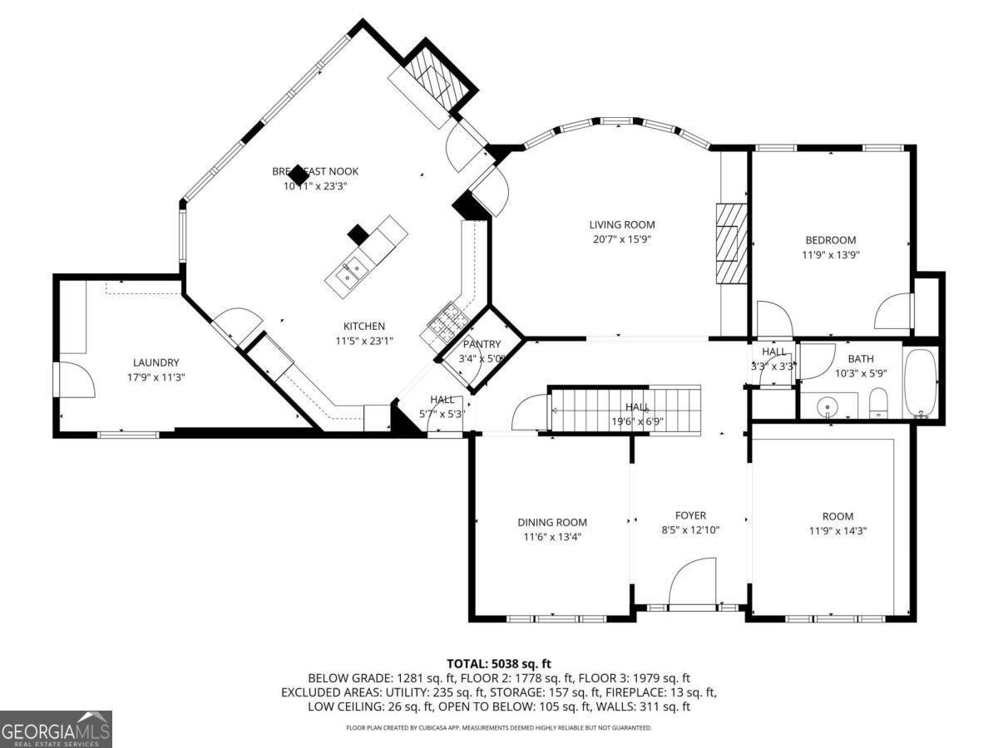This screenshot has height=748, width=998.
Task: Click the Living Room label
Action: tap(621, 224)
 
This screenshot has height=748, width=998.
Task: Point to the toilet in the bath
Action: tap(878, 406)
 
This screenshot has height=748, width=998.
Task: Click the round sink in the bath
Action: tap(827, 407)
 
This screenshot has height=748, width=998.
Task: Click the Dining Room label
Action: tap(552, 523)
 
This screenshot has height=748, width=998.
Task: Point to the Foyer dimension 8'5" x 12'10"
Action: tap(690, 530)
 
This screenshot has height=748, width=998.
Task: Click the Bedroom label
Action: tap(828, 241)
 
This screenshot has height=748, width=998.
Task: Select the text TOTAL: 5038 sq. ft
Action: tap(499, 663)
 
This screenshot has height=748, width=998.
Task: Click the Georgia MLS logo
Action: tap(56, 729)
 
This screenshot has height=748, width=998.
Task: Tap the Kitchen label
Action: tap(364, 327)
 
